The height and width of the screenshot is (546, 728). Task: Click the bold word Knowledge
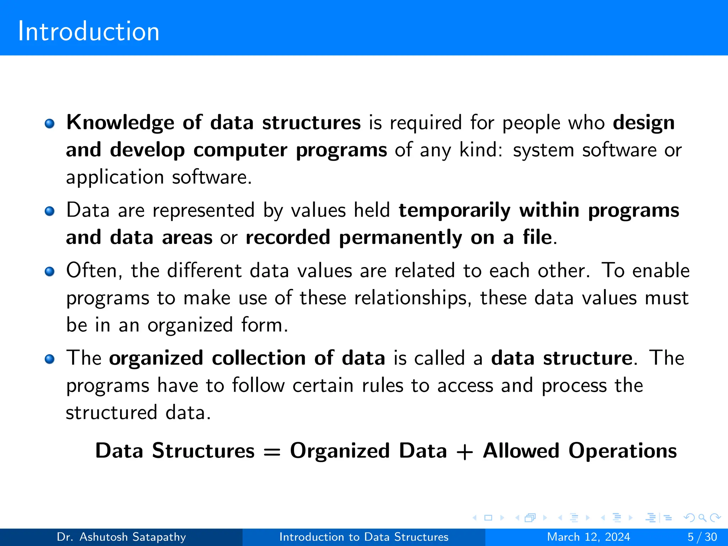(x=120, y=123)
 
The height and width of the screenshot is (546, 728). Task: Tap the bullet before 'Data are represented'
(x=50, y=211)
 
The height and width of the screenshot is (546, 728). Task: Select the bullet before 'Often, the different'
(x=50, y=272)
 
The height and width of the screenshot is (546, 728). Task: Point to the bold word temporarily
(x=454, y=210)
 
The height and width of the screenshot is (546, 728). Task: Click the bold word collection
(x=258, y=358)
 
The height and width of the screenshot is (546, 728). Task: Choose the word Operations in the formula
(x=622, y=451)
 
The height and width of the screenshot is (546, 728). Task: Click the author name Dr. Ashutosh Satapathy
(x=121, y=537)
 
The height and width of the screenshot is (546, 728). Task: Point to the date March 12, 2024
(x=588, y=537)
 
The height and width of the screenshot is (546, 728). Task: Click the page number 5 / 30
(x=702, y=537)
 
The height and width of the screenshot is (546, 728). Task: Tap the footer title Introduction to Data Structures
(x=364, y=537)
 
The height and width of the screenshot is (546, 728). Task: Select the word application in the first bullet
(x=115, y=177)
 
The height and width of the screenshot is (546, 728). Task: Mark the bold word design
(x=643, y=123)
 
